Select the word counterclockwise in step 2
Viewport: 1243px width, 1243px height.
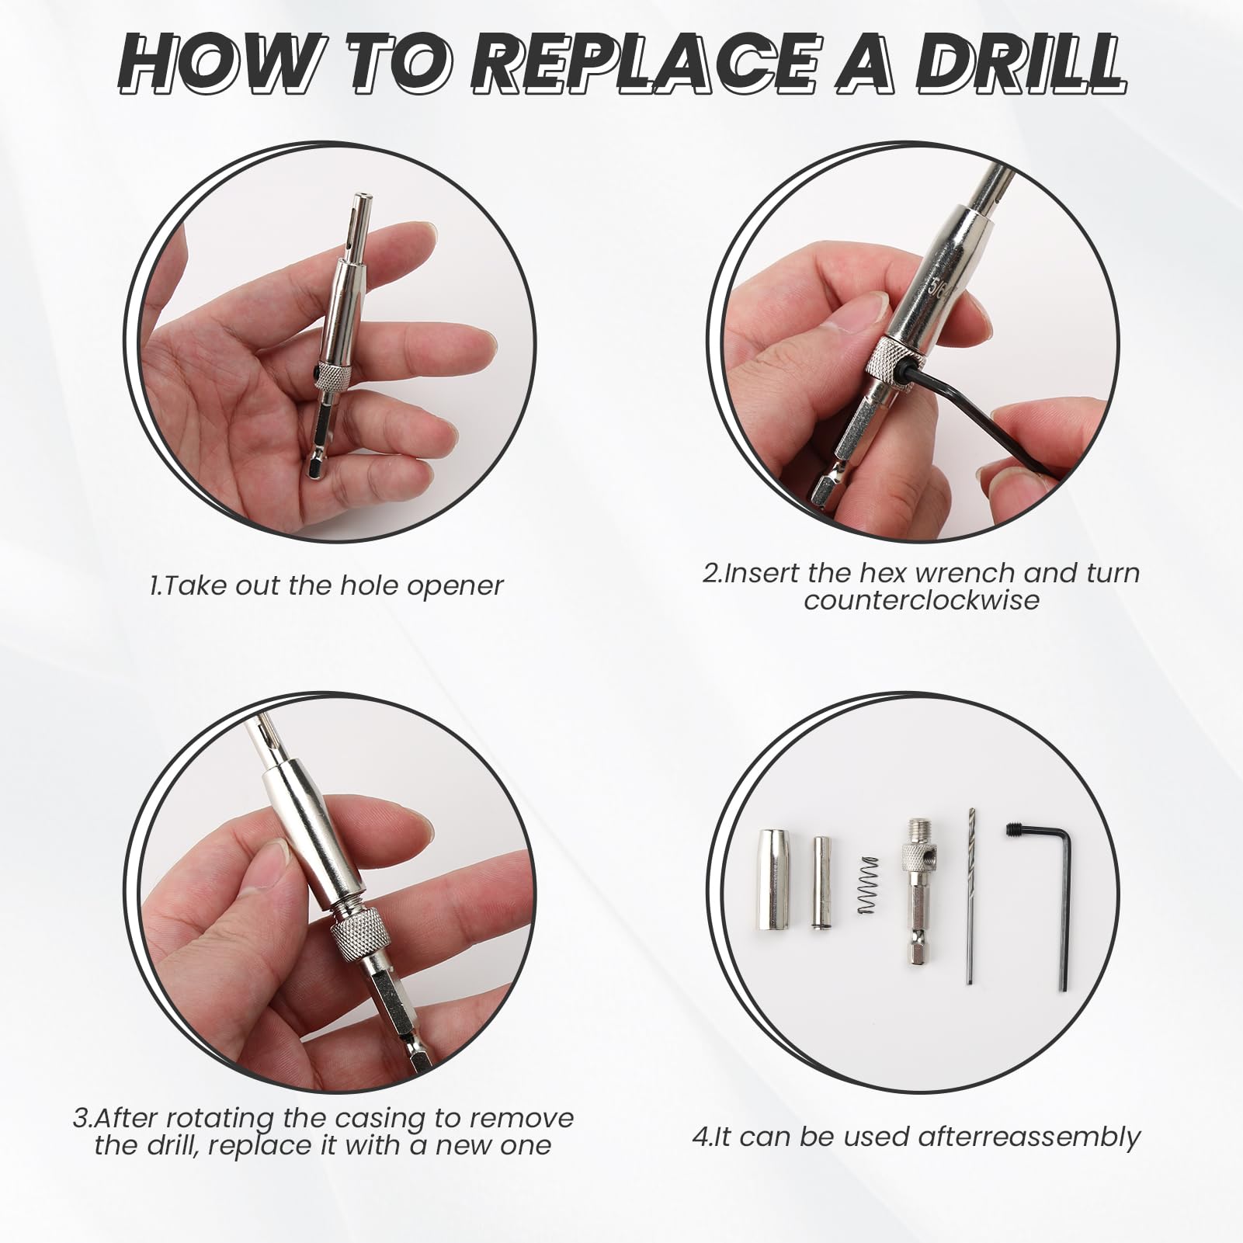[x=922, y=600]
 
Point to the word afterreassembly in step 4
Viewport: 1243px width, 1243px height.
[x=1029, y=1137]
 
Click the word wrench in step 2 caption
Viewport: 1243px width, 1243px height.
[x=965, y=573]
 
